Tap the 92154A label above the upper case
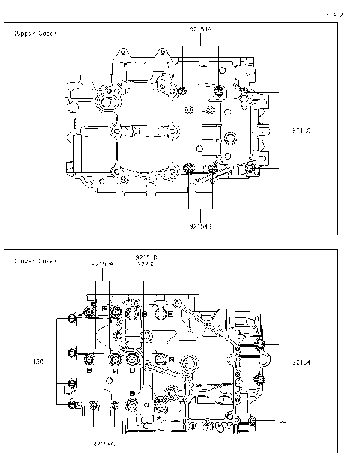200,29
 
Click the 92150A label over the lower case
103,264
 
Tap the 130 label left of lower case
38,361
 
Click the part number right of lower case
301,361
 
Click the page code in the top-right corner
334,13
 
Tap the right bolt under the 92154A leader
218,92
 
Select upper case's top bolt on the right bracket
245,92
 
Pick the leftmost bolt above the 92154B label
188,166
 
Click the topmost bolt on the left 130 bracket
71,319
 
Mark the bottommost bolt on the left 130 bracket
72,405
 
